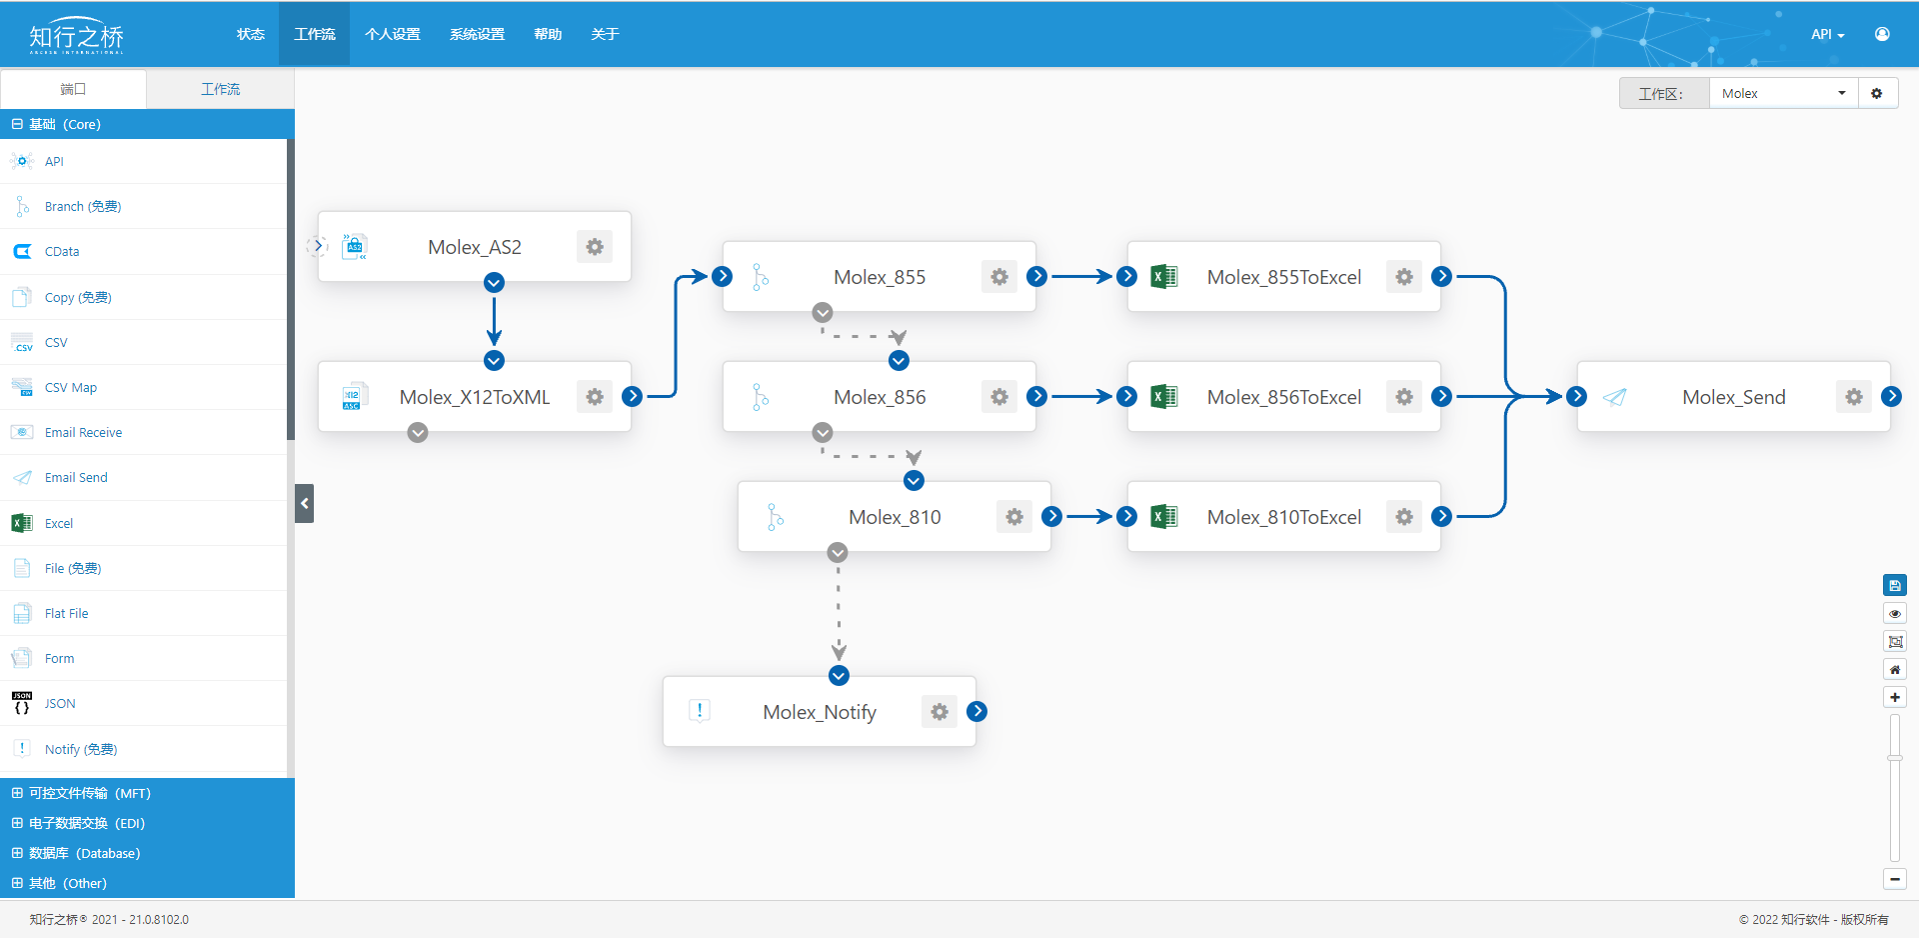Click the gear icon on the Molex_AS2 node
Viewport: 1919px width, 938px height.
click(595, 247)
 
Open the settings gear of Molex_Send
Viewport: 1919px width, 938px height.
click(1854, 397)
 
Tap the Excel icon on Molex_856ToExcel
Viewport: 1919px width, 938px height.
click(1164, 397)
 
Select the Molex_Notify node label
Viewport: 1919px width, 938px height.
click(820, 712)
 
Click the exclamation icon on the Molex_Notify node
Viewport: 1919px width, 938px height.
click(700, 711)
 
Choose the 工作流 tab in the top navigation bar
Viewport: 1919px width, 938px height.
click(315, 34)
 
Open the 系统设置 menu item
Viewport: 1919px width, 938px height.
click(477, 34)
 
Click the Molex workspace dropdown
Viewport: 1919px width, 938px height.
click(1784, 93)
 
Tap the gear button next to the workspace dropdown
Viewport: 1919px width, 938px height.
click(1877, 93)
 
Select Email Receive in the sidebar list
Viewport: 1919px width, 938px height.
click(83, 433)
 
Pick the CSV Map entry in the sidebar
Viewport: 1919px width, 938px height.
click(70, 388)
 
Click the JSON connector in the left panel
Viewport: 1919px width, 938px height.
click(60, 704)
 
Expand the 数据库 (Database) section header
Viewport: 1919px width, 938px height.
click(84, 853)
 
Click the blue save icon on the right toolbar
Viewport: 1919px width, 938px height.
click(1894, 586)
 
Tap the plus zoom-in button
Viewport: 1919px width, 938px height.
click(1894, 697)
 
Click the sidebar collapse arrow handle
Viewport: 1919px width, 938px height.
click(305, 503)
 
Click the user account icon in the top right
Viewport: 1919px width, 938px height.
click(1882, 34)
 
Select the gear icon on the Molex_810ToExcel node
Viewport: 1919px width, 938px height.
click(1404, 517)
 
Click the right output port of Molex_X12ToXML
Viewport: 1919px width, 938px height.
click(632, 397)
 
